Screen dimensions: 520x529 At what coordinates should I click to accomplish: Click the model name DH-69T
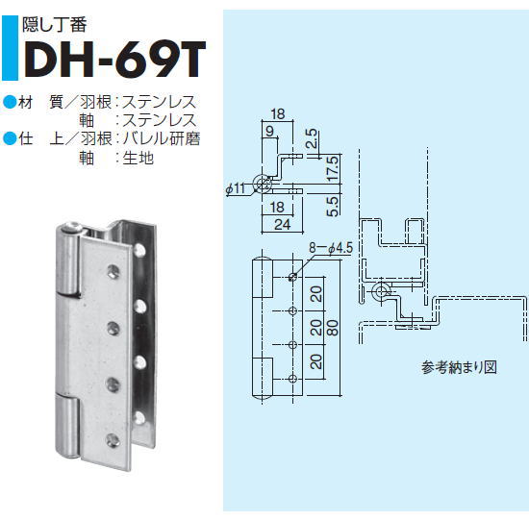(x=113, y=60)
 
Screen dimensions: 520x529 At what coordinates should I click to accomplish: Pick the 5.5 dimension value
(x=328, y=204)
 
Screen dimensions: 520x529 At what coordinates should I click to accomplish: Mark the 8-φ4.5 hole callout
(x=328, y=248)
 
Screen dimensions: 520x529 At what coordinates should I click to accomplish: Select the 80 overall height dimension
(x=332, y=325)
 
